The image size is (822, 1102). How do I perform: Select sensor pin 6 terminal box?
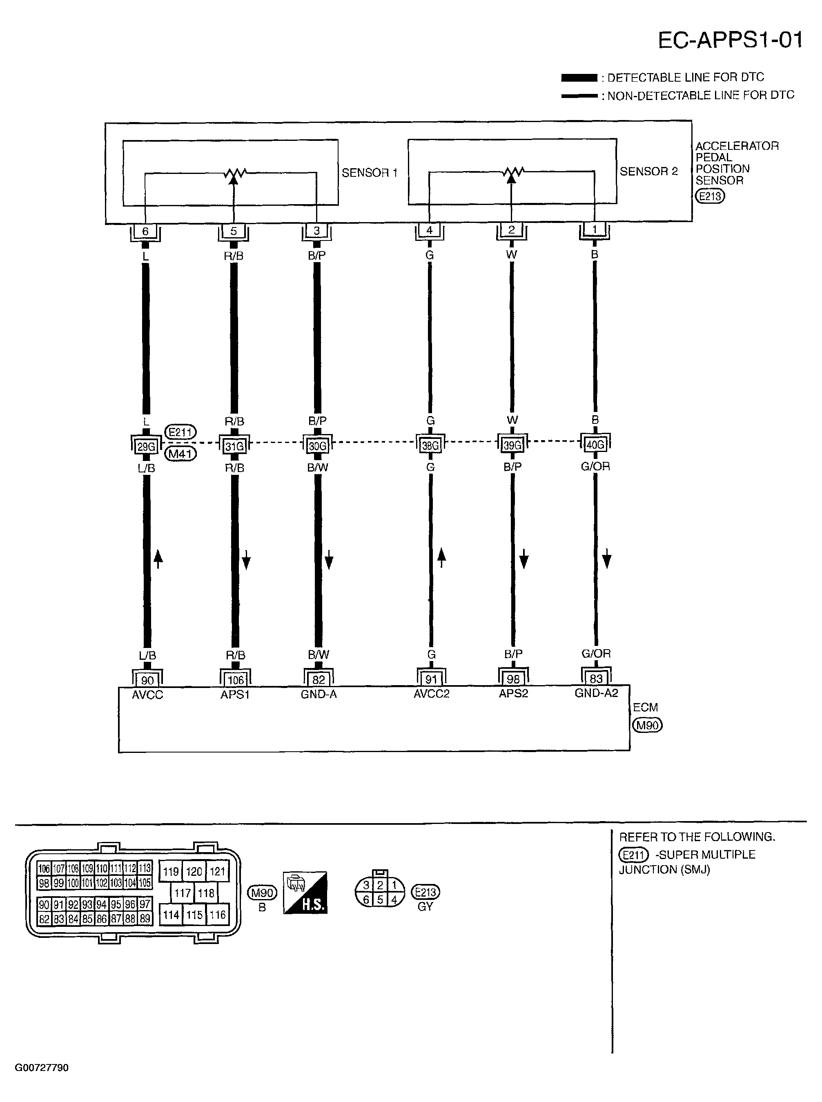[145, 232]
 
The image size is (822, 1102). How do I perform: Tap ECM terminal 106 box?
[235, 679]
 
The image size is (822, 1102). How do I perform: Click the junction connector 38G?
[430, 445]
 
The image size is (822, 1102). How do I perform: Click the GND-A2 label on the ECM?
[596, 693]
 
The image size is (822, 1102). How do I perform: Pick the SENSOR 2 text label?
[648, 171]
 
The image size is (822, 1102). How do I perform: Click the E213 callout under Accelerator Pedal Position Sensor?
[710, 196]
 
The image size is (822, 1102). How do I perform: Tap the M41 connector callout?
[180, 454]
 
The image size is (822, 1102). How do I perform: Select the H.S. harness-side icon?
[305, 893]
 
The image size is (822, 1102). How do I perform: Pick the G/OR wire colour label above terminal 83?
[596, 653]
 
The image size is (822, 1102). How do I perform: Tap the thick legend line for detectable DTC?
[579, 78]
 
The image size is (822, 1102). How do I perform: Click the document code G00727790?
[41, 1068]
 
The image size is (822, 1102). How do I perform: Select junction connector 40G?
[595, 444]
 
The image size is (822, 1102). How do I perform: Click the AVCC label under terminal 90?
[147, 695]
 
